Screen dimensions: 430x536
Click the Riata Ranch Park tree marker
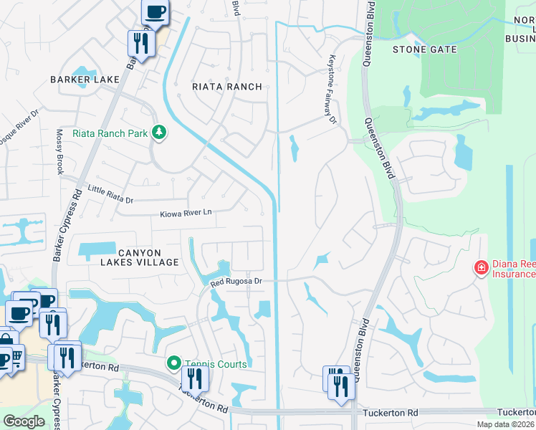[x=159, y=132]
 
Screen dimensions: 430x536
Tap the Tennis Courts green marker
[x=173, y=364]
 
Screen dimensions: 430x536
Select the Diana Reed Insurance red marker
[x=482, y=268]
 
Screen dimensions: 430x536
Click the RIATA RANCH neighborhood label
[x=226, y=87]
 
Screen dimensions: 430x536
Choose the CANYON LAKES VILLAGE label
[x=148, y=257]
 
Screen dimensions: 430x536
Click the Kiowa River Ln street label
[x=186, y=213]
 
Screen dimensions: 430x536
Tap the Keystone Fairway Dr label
[x=332, y=90]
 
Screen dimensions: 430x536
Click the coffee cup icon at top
[x=155, y=12]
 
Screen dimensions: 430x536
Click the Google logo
[x=24, y=421]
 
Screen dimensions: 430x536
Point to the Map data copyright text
[x=505, y=424]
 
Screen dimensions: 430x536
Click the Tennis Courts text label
[x=216, y=364]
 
